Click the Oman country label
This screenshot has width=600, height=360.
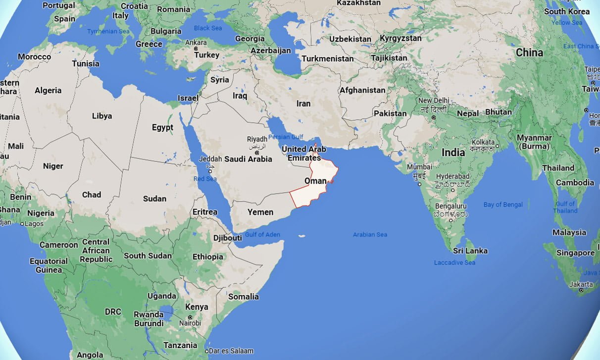315,181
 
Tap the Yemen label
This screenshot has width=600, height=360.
260,212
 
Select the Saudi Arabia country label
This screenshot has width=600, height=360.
248,159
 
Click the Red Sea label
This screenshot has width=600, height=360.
205,179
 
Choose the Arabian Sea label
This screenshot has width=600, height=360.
370,234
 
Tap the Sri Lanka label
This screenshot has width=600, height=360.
470,251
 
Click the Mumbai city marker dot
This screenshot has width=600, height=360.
420,184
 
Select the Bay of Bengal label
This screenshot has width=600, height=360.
503,205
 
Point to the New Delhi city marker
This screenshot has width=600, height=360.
434,117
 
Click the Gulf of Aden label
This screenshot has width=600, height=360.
262,234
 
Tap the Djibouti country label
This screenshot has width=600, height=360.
227,238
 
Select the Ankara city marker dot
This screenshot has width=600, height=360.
196,49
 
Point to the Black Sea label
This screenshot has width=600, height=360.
208,28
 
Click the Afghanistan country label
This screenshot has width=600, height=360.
362,90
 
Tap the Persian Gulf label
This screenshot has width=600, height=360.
286,137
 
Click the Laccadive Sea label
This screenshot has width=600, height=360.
454,262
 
